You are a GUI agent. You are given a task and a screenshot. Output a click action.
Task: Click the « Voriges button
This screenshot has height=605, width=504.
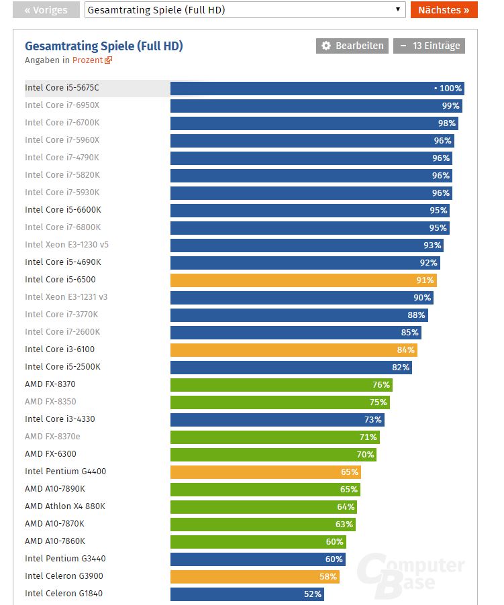point(46,10)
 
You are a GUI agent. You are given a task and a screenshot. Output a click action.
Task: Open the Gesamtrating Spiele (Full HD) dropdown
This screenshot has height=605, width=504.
point(245,10)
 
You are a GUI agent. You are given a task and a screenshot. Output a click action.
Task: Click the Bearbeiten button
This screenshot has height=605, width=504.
point(352,46)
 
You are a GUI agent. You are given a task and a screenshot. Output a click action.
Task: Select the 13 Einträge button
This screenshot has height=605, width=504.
point(429,46)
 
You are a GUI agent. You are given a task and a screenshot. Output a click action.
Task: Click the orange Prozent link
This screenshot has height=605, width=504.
point(91,60)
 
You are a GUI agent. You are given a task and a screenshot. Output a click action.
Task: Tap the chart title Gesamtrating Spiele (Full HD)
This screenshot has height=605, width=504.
point(103,46)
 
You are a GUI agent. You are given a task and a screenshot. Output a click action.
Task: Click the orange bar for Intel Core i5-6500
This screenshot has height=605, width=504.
point(302,280)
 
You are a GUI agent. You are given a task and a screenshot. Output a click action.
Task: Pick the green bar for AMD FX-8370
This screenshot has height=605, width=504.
point(281,384)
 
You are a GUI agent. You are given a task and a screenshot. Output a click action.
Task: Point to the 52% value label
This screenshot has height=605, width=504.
point(313,594)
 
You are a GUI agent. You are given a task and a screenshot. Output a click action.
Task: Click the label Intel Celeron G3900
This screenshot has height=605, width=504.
point(64,576)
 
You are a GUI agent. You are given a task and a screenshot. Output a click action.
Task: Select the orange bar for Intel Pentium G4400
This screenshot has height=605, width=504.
point(265,472)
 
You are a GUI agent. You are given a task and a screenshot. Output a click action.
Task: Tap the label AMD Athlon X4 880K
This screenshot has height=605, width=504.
point(65,506)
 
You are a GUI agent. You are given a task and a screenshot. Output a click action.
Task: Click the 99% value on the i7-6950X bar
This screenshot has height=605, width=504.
point(450,105)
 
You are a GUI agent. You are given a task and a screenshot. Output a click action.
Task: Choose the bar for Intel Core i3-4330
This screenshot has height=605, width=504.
point(276,419)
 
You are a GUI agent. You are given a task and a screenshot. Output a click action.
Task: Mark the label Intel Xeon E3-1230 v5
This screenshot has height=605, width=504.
point(66,245)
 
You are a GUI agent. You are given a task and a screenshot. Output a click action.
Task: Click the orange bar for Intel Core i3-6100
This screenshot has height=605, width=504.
point(293,349)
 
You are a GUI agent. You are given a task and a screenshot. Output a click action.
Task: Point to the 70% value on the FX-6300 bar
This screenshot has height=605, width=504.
point(365,454)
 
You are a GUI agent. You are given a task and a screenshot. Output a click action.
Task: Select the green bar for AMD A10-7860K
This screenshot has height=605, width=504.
point(258,541)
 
